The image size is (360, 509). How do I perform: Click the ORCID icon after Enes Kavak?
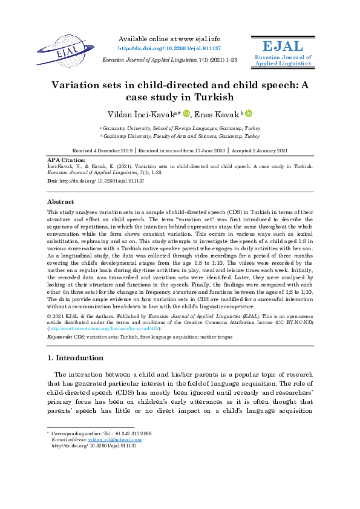click(249, 114)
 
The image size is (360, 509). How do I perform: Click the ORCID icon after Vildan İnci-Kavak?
click(186, 114)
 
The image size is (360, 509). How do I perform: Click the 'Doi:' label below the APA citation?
click(53, 181)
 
